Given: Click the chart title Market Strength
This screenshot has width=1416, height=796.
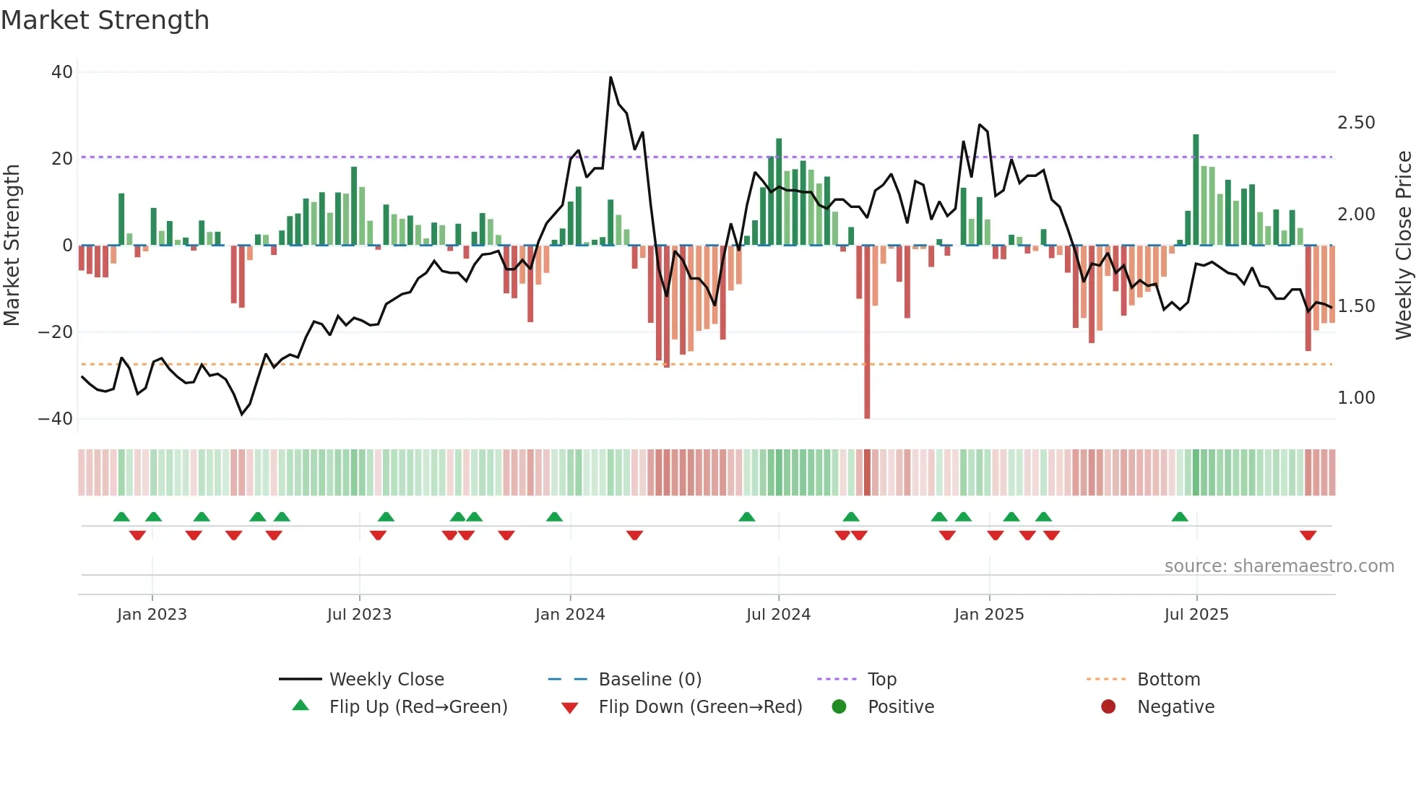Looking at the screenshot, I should (105, 20).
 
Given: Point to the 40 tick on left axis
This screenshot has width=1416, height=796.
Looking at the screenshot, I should (62, 72).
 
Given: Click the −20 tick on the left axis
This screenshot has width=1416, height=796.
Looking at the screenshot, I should (56, 332).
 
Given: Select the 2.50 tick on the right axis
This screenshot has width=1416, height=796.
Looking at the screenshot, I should (1356, 123).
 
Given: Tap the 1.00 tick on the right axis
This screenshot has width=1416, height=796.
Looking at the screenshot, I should (1356, 398).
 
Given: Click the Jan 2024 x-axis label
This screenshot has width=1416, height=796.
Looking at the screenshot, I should (570, 615).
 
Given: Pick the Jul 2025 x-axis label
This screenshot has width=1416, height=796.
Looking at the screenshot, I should (1196, 615).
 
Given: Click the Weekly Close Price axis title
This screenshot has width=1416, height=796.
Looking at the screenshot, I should (1403, 246).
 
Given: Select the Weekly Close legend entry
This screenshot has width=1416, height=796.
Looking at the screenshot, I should (387, 680).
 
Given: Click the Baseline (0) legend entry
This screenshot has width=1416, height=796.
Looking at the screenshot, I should (649, 680).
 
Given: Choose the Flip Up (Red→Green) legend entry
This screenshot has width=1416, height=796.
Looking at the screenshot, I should (418, 707).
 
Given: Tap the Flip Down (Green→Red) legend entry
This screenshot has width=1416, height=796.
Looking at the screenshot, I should (700, 707).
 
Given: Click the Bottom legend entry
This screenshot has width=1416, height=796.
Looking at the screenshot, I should (1168, 680).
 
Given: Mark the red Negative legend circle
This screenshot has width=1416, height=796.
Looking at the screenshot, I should (1108, 707).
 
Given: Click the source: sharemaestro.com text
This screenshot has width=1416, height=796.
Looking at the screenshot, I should (1279, 566).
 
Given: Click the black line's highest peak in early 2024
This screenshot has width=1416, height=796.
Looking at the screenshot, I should (610, 77).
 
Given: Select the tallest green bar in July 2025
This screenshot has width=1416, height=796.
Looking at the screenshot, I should (1196, 189).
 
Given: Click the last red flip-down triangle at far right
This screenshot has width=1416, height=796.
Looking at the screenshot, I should (1308, 535).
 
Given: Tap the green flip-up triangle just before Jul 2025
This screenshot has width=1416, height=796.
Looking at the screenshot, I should (1180, 516).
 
